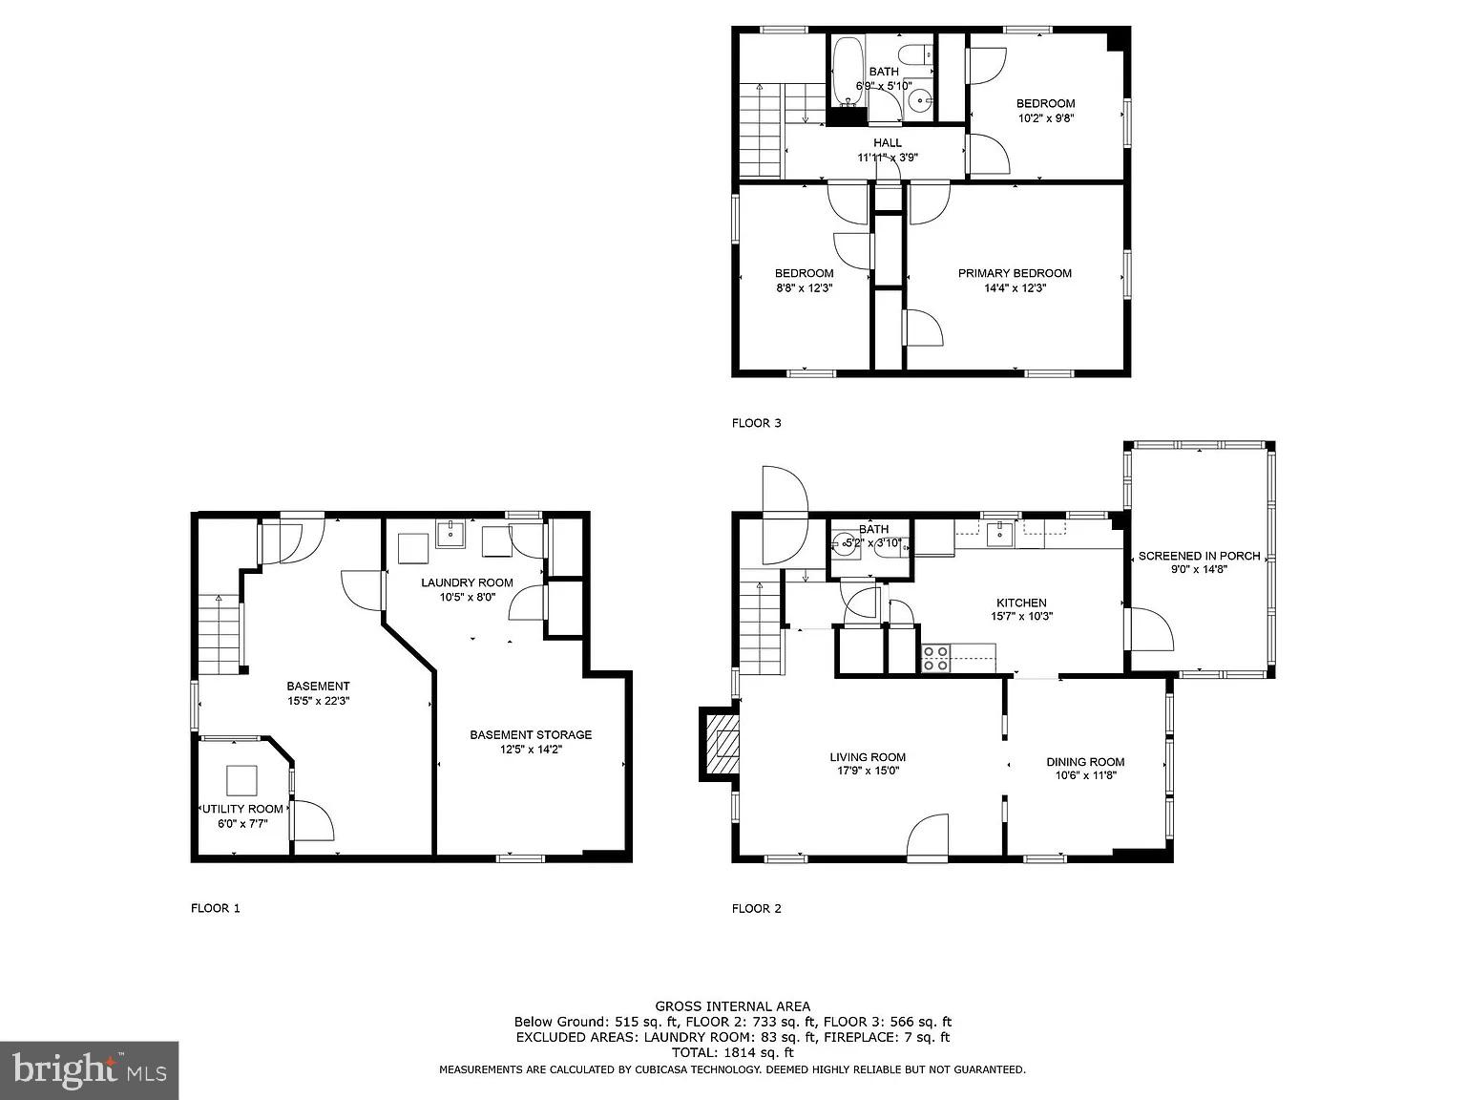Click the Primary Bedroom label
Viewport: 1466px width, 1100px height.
pyautogui.click(x=1015, y=273)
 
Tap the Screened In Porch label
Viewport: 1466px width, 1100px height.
pyautogui.click(x=1199, y=556)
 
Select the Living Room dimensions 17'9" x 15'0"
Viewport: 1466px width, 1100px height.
pyautogui.click(x=867, y=771)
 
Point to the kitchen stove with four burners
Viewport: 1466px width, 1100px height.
pyautogui.click(x=935, y=657)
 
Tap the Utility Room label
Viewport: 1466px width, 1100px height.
pyautogui.click(x=242, y=809)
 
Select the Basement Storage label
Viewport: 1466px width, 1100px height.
pyautogui.click(x=531, y=734)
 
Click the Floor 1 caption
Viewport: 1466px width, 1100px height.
pyautogui.click(x=216, y=908)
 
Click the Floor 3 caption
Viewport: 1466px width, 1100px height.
pyautogui.click(x=757, y=422)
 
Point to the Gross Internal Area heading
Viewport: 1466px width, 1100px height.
pyautogui.click(x=732, y=1005)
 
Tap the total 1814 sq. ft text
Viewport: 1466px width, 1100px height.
pyautogui.click(x=732, y=1052)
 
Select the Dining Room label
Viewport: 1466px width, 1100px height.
pyautogui.click(x=1085, y=761)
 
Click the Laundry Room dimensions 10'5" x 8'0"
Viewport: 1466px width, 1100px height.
pyautogui.click(x=468, y=598)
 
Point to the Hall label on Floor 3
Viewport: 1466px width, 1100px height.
pyautogui.click(x=887, y=143)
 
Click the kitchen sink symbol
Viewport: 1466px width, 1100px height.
pyautogui.click(x=999, y=531)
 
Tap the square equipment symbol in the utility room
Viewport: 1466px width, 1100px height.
pyautogui.click(x=241, y=781)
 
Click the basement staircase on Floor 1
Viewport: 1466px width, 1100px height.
pyautogui.click(x=220, y=635)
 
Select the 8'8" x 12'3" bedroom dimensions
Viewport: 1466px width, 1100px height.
pyautogui.click(x=804, y=287)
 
